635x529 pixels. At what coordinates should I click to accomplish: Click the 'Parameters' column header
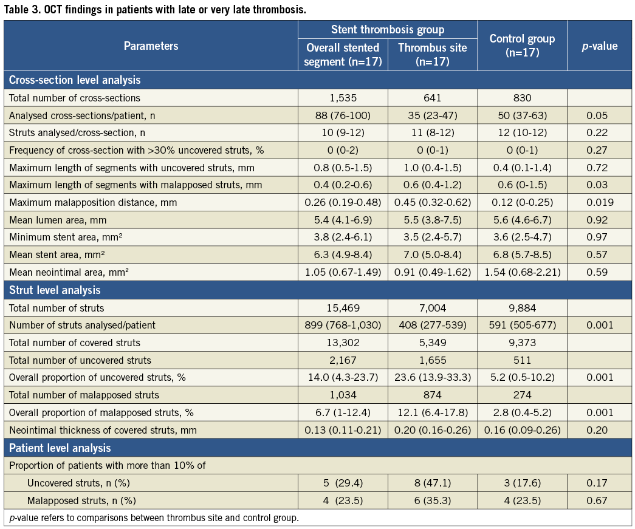(x=151, y=46)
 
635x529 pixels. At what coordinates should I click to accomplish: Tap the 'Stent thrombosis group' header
(x=388, y=30)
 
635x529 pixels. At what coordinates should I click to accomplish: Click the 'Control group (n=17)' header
(x=522, y=46)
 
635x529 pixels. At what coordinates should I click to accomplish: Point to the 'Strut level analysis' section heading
(x=55, y=290)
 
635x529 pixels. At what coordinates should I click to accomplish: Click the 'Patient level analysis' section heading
(x=60, y=448)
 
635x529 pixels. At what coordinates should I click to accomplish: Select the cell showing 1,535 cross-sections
(x=343, y=98)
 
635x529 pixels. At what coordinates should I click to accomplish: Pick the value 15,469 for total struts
(x=343, y=308)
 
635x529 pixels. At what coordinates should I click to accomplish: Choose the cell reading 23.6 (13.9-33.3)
(x=432, y=377)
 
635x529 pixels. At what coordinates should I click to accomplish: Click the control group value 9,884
(x=522, y=308)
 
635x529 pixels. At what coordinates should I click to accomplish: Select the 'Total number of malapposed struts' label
(x=84, y=395)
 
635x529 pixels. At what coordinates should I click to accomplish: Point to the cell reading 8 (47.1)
(x=432, y=483)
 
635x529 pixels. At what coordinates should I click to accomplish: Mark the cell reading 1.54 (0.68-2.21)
(x=522, y=273)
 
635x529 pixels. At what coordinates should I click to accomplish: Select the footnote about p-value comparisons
(x=154, y=517)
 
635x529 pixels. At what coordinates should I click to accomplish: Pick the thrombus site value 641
(x=432, y=98)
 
